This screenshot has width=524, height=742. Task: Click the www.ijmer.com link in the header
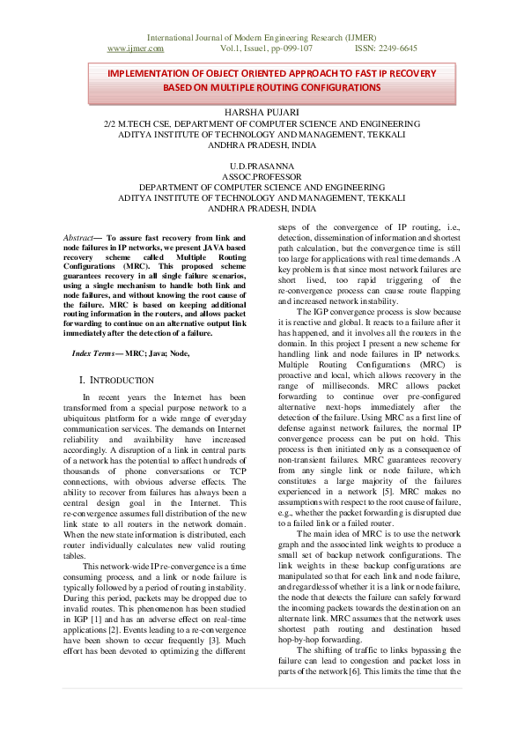click(135, 49)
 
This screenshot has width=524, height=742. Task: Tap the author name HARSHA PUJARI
click(262, 113)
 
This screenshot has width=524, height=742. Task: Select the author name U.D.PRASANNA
click(262, 167)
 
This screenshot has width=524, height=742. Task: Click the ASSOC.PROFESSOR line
click(262, 177)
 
